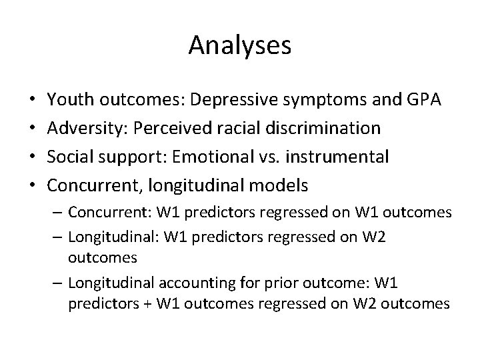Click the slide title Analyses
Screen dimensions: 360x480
pos(240,45)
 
